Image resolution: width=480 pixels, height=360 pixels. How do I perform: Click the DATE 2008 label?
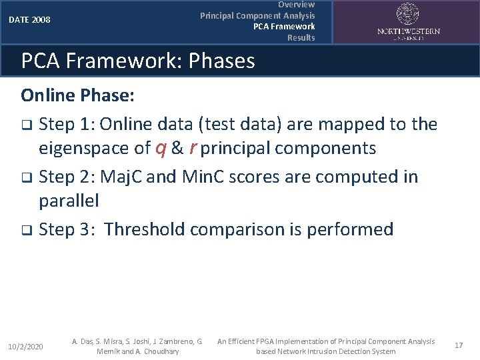click(x=29, y=20)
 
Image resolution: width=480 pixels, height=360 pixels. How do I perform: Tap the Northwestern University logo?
click(x=408, y=21)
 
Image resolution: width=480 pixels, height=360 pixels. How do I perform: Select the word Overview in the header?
click(x=296, y=5)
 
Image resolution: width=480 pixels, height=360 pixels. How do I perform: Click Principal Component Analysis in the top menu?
click(x=257, y=15)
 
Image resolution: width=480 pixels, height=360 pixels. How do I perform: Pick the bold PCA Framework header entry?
click(x=284, y=27)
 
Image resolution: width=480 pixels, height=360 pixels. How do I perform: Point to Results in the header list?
click(x=301, y=38)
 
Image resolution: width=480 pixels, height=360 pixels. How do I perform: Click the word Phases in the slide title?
click(x=222, y=61)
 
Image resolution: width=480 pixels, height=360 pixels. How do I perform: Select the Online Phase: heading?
click(x=78, y=95)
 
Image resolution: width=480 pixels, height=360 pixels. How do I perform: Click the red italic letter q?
click(x=161, y=149)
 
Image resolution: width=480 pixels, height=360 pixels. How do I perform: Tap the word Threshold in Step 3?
click(x=145, y=230)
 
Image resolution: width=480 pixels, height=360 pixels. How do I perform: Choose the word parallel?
click(x=69, y=201)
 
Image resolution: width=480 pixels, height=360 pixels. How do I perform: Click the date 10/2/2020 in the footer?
click(x=25, y=347)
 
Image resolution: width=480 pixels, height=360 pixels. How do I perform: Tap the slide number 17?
click(x=458, y=345)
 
